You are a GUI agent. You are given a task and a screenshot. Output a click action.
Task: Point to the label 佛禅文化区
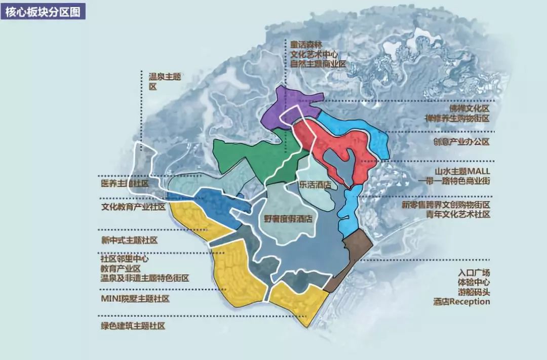469,108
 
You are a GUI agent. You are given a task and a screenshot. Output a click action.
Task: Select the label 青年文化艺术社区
458,215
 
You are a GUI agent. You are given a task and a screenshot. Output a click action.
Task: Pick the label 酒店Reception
461,302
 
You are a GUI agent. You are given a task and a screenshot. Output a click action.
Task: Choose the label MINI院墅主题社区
135,298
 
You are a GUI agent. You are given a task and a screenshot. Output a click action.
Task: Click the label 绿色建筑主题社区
133,327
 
